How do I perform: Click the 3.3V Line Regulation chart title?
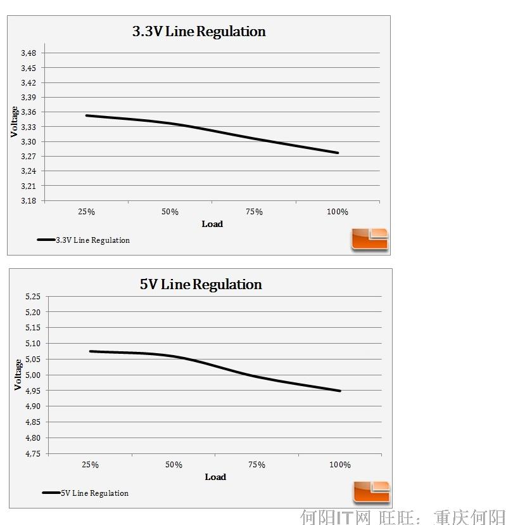pyautogui.click(x=199, y=32)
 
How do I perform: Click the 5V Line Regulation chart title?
pyautogui.click(x=201, y=285)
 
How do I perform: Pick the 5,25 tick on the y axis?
pyautogui.click(x=32, y=296)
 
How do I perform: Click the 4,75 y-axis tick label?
pyautogui.click(x=32, y=454)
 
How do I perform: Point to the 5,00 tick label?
pyautogui.click(x=32, y=375)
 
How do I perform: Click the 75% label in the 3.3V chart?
pyautogui.click(x=254, y=212)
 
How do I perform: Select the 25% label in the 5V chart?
pyautogui.click(x=90, y=465)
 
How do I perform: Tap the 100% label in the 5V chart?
pyautogui.click(x=340, y=465)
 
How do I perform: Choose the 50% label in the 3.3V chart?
pyautogui.click(x=170, y=212)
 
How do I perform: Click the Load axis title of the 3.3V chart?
pyautogui.click(x=212, y=224)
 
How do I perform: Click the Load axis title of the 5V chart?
pyautogui.click(x=215, y=477)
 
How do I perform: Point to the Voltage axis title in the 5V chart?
pyautogui.click(x=18, y=375)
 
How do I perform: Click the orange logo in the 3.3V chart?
pyautogui.click(x=370, y=239)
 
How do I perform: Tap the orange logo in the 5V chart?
pyautogui.click(x=372, y=492)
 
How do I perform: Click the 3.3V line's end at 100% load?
pyautogui.click(x=338, y=153)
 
